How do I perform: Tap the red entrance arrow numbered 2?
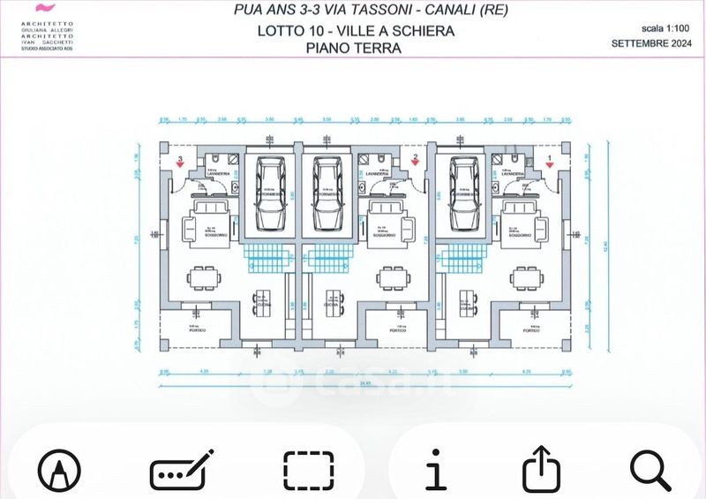click(415, 163)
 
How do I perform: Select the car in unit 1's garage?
click(465, 193)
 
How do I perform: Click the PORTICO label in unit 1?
click(529, 329)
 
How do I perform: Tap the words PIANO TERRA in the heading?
click(353, 49)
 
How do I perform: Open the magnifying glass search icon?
click(651, 469)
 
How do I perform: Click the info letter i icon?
click(435, 469)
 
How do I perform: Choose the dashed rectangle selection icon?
click(309, 470)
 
